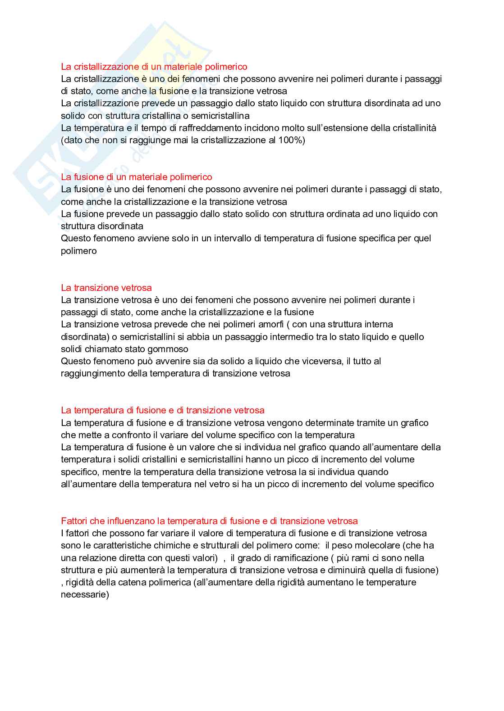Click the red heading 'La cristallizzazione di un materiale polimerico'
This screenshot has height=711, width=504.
coord(154,67)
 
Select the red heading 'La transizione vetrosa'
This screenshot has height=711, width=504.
coord(106,288)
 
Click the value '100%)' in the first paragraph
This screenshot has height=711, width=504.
coord(292,140)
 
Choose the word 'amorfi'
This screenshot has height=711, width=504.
coord(270,324)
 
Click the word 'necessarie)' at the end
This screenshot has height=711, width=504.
coord(85,594)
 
